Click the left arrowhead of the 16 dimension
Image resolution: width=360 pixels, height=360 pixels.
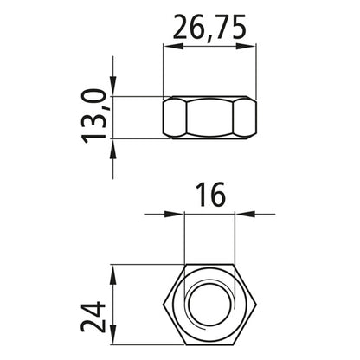[179, 214]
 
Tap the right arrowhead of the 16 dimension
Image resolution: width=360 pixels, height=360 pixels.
[238, 214]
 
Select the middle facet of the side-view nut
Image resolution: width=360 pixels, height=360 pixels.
[209, 115]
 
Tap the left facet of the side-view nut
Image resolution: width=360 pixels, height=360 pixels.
[174, 115]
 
